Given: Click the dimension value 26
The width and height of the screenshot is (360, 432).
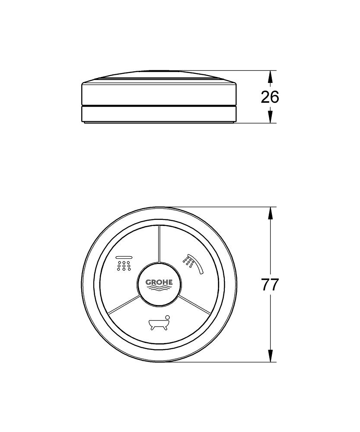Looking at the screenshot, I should tap(270, 97).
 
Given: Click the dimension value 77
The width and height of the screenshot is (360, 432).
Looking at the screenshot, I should tap(270, 285).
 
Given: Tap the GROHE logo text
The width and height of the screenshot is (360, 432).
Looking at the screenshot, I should tap(159, 282).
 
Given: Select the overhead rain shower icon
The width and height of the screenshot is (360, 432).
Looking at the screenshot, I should tap(124, 264).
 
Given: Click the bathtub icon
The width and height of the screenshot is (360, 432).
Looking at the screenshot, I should tap(159, 323).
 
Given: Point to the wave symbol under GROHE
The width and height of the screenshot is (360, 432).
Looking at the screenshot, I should tap(159, 289).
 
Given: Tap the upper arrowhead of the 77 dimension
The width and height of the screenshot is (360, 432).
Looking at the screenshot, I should tap(271, 213).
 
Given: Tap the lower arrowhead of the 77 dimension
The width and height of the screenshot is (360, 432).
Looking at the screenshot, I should tap(271, 356).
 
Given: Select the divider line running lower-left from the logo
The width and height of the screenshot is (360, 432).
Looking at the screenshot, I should tap(124, 304).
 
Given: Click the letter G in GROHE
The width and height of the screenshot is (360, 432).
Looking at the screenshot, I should tap(148, 282).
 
